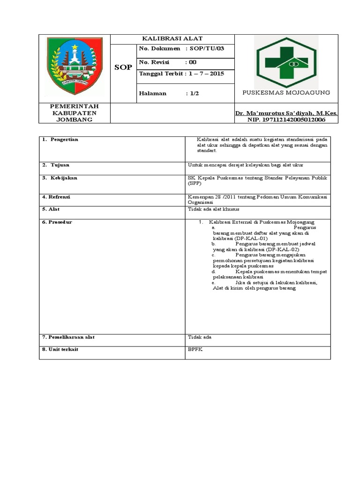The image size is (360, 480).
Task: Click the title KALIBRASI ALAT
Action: (172, 38)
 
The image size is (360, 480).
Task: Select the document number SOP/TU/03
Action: (208, 49)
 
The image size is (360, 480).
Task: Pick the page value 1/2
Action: (195, 93)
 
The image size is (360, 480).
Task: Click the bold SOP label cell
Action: (123, 67)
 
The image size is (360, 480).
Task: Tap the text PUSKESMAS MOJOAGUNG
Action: (286, 92)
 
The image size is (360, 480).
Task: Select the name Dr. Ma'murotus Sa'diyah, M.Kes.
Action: (286, 113)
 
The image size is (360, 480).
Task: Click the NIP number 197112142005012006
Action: (286, 120)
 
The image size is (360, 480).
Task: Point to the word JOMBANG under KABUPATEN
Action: (75, 120)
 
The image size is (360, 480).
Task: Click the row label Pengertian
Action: (65, 140)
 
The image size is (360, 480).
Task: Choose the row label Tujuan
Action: (60, 165)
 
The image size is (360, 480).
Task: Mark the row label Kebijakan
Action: (64, 178)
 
